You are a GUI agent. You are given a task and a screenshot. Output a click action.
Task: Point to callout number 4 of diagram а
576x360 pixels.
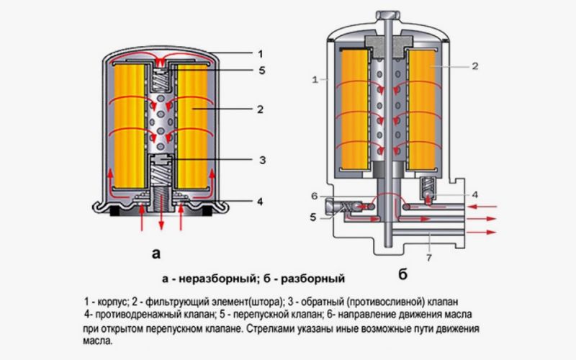(260, 202)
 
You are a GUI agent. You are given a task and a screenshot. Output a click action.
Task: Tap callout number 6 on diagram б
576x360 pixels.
(314, 196)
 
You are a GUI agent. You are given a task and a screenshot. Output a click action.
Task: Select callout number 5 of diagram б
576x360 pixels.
(314, 215)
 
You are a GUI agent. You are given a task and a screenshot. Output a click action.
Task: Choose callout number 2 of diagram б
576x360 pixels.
(476, 66)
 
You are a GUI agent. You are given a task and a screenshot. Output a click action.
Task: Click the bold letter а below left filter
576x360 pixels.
(156, 253)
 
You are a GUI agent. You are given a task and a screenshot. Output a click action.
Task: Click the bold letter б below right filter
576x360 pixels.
(402, 274)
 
